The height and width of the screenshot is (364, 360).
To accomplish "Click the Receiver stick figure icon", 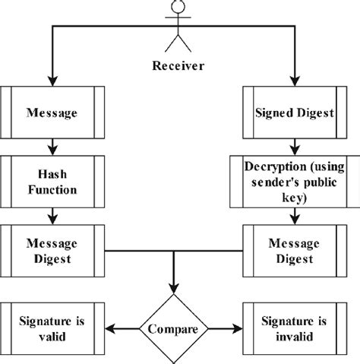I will (x=179, y=27).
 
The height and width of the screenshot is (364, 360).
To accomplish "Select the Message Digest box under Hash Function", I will (x=51, y=252).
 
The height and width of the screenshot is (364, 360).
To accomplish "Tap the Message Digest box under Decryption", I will (x=293, y=252).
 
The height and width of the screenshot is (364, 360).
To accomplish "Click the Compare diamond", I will (x=173, y=330).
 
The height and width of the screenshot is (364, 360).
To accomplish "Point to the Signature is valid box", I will (x=51, y=330).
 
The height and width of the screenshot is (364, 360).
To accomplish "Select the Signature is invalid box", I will (x=293, y=330).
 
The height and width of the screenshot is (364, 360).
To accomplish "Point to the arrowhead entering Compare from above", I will (x=173, y=288).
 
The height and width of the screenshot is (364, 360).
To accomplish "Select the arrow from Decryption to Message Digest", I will (x=293, y=215).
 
